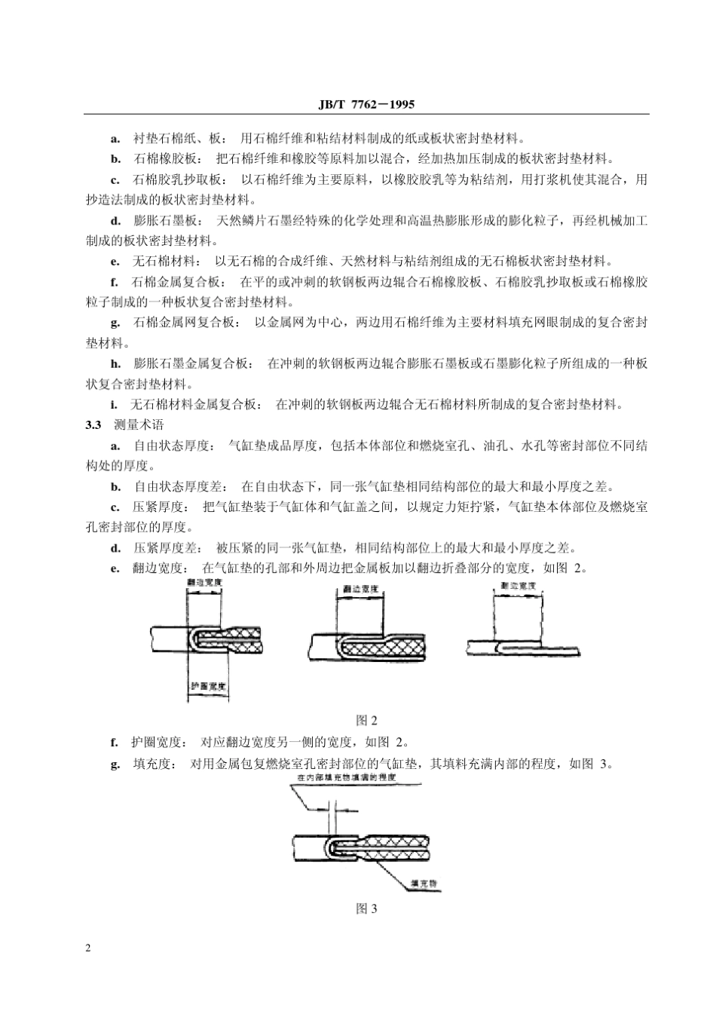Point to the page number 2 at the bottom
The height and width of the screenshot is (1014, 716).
tap(90, 948)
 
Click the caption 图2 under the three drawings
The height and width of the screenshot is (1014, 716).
tap(366, 720)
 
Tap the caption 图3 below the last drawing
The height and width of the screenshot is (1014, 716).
tap(366, 908)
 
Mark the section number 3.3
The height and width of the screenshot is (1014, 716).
tap(93, 425)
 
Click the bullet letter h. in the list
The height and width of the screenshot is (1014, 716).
tap(115, 363)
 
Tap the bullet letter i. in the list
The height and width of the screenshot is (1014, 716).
tap(113, 404)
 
